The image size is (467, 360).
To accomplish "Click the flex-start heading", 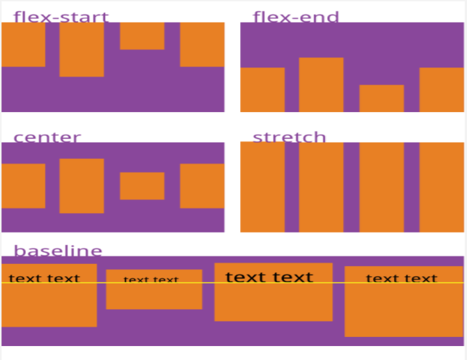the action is [x=61, y=17].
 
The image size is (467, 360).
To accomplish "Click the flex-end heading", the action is [x=296, y=17].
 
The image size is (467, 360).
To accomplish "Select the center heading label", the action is [x=47, y=137].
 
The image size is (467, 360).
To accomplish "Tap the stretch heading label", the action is [x=290, y=136].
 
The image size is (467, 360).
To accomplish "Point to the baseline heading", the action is [x=58, y=251].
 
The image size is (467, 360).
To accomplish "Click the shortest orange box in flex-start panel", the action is [x=142, y=36].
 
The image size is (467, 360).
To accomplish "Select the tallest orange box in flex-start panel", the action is [x=81, y=49].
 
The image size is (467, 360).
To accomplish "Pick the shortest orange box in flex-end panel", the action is [x=381, y=98].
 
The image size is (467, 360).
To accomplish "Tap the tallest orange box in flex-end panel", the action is [x=321, y=85].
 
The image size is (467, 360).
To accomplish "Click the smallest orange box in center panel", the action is [x=142, y=186].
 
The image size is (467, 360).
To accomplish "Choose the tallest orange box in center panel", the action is [x=81, y=186].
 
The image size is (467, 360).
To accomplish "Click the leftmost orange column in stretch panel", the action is [x=262, y=187].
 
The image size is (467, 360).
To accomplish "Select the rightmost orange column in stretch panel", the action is [x=442, y=187].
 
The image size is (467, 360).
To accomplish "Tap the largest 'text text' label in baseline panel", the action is [x=269, y=277].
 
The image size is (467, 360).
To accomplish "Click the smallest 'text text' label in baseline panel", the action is [x=151, y=279].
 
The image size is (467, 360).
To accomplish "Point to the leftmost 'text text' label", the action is [x=45, y=278].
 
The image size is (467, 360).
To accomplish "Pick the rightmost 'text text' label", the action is [x=402, y=278].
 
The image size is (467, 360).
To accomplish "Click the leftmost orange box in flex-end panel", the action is [x=262, y=90].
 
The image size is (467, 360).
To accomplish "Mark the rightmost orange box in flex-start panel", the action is [x=203, y=45].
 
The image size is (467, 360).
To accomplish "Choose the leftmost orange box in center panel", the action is [x=23, y=186].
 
